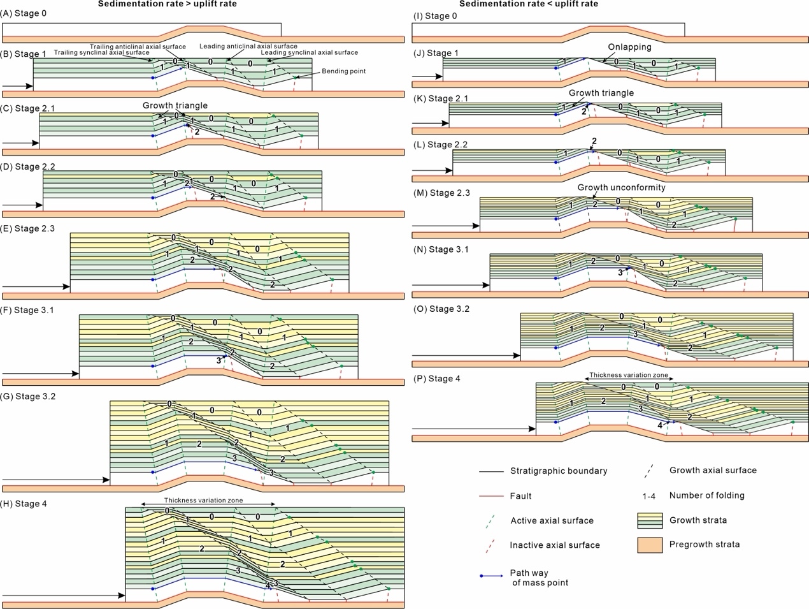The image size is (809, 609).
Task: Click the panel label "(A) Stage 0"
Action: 24,13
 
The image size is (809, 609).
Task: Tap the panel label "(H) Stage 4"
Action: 24,504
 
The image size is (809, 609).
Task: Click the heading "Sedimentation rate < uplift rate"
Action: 529,4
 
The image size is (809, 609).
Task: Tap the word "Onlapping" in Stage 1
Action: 629,47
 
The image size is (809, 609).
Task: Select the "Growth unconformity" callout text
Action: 621,187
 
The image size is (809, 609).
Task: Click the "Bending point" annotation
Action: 343,71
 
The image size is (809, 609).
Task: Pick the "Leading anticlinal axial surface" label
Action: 248,47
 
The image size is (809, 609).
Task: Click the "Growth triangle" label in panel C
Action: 175,106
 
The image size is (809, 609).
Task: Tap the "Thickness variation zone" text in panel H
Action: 203,501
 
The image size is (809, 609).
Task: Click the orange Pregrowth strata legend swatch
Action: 650,545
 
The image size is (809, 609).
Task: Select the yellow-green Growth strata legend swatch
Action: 650,520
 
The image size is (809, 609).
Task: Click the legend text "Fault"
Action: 520,496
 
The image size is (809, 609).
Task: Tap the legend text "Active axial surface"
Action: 552,521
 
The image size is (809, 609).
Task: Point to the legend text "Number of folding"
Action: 706,495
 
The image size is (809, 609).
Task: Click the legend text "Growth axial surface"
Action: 713,471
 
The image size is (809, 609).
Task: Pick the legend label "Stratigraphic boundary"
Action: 558,471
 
